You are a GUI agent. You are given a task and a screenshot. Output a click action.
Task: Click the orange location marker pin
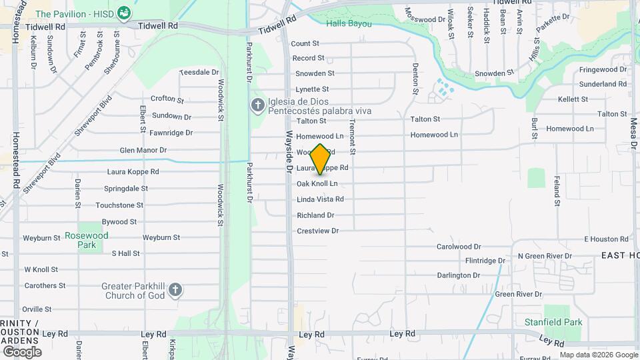click(321, 159)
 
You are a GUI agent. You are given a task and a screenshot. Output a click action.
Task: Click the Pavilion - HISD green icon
click(123, 13)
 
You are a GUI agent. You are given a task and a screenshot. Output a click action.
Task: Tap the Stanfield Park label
click(553, 323)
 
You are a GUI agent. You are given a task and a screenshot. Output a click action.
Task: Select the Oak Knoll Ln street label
click(317, 183)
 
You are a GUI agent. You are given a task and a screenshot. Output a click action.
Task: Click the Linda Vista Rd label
click(320, 199)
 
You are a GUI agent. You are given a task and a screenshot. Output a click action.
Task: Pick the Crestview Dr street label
click(318, 231)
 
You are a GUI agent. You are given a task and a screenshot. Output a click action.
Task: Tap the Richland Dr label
click(315, 215)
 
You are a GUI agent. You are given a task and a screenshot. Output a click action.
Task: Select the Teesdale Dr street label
click(199, 72)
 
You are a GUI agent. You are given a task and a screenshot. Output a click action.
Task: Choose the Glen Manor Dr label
click(143, 151)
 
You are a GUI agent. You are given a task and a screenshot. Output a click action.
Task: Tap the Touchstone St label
click(119, 205)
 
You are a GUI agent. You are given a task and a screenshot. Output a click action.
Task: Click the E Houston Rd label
click(606, 239)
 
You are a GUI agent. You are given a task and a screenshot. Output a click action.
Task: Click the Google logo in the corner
click(22, 351)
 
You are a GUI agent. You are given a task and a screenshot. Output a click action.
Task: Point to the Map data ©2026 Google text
click(599, 355)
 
